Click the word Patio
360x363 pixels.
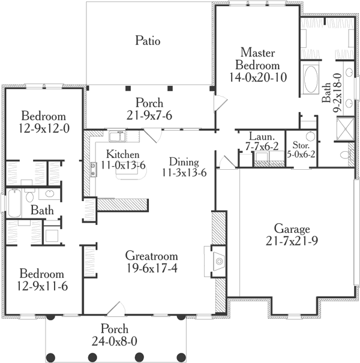[x=147, y=41]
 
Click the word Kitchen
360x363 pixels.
[x=123, y=153]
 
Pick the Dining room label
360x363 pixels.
[x=183, y=161]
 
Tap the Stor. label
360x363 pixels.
[x=300, y=145]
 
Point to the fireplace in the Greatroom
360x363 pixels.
[x=219, y=259]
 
